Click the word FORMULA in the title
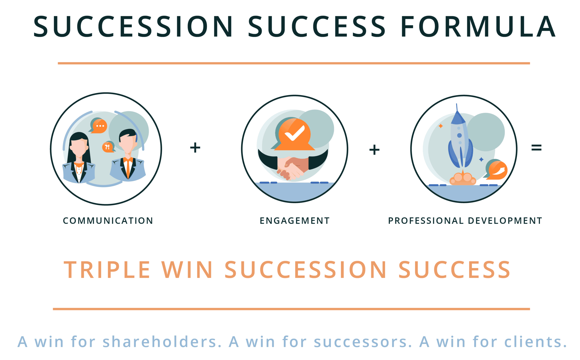point(478,26)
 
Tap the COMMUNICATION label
point(108,221)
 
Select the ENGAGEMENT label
point(295,221)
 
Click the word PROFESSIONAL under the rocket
point(426,221)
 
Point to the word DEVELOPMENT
point(505,221)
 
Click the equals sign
point(536,148)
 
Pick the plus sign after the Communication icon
point(195,148)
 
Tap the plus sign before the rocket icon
point(374,150)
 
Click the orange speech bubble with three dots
point(99,126)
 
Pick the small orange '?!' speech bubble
point(108,147)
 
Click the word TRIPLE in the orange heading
point(107,270)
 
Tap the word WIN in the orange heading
point(187,270)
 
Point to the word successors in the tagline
point(362,342)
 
